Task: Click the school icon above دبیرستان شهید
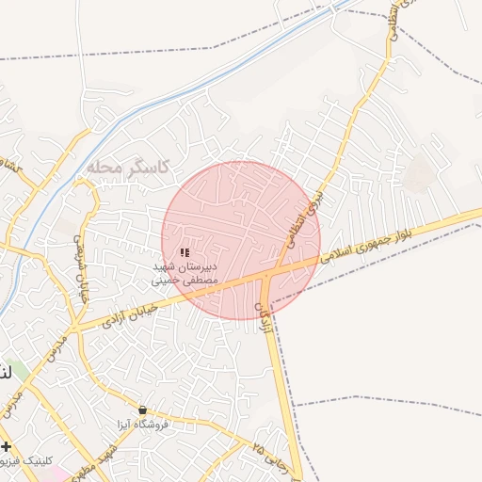click(185, 252)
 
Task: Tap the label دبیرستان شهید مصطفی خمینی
click(185, 273)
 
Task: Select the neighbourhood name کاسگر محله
click(127, 167)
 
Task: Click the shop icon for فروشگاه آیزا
click(142, 410)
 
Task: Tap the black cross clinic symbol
click(7, 446)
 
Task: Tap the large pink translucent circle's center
click(241, 240)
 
